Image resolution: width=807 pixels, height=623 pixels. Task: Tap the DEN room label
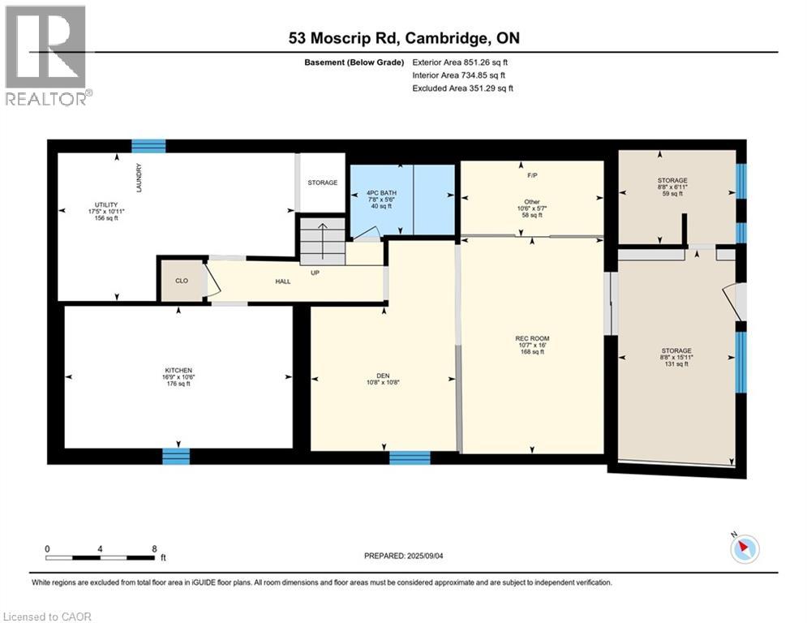(x=384, y=375)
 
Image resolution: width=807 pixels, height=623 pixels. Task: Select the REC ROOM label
(x=532, y=339)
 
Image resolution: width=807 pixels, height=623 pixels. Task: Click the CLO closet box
(x=182, y=281)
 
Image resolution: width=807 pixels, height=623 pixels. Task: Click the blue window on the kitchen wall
(x=175, y=456)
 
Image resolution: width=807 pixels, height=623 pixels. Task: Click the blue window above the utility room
(x=148, y=146)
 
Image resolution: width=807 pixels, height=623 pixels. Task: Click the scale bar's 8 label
(x=153, y=548)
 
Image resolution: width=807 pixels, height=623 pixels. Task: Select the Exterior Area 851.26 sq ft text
(x=461, y=62)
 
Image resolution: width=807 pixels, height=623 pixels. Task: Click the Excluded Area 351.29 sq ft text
(x=463, y=88)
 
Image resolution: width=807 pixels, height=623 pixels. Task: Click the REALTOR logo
(x=46, y=55)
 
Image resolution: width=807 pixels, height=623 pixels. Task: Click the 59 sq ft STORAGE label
(x=673, y=186)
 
